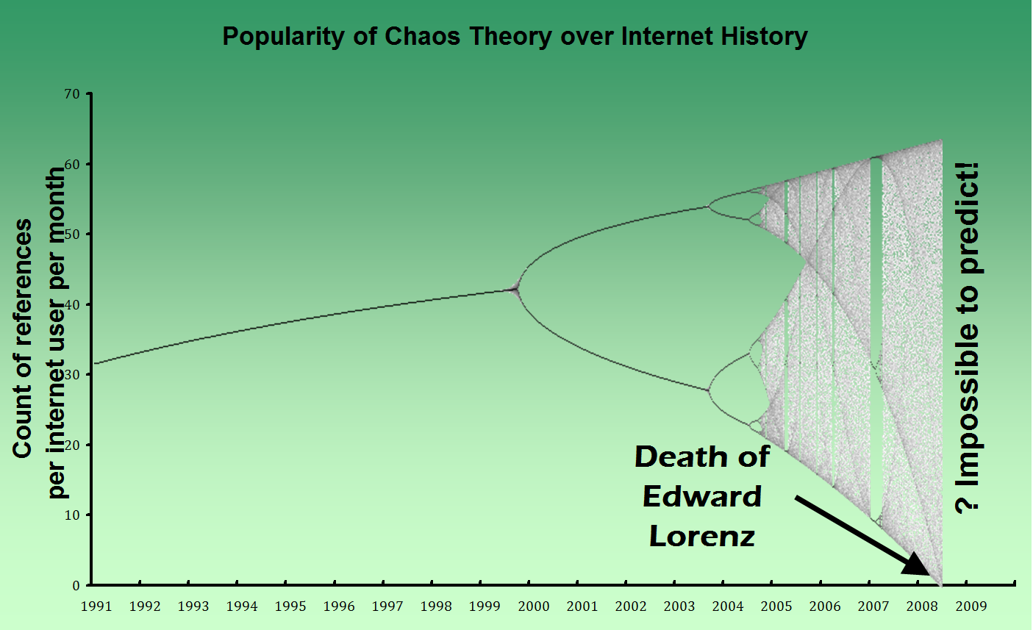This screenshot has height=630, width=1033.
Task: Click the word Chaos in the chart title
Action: pyautogui.click(x=422, y=36)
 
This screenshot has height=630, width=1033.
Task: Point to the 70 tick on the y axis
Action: pyautogui.click(x=72, y=94)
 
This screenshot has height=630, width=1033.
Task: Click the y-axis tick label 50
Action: pyautogui.click(x=72, y=235)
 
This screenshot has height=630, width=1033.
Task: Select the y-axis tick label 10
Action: pyautogui.click(x=72, y=515)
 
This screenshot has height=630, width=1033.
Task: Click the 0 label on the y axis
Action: pyautogui.click(x=76, y=586)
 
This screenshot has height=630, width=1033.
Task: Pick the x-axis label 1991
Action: pyautogui.click(x=96, y=606)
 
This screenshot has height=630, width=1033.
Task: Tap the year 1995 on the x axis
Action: pyautogui.click(x=290, y=606)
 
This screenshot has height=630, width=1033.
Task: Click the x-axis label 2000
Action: pyautogui.click(x=534, y=606)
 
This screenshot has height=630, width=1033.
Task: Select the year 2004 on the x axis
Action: pyautogui.click(x=728, y=606)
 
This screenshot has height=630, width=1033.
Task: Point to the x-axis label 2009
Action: pyautogui.click(x=971, y=606)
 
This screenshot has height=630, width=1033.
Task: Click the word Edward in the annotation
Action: pyautogui.click(x=702, y=497)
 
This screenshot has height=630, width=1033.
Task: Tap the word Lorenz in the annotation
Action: pyautogui.click(x=702, y=536)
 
